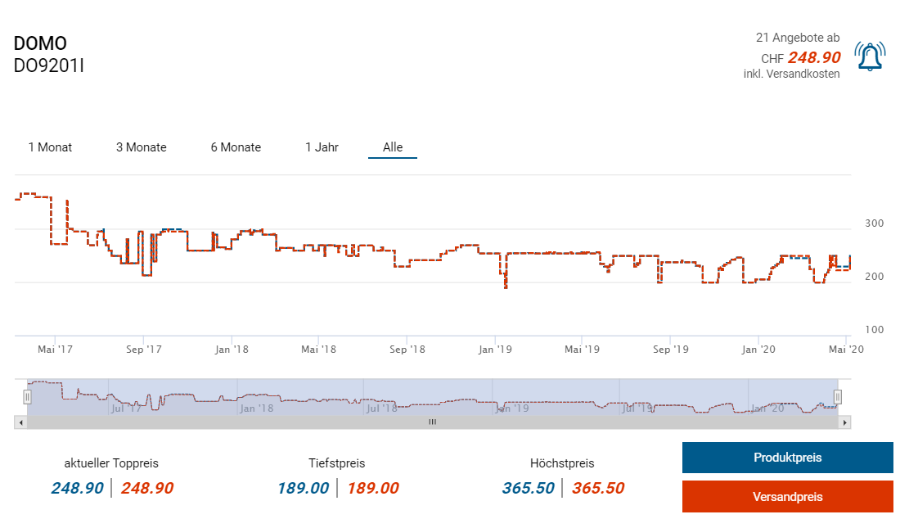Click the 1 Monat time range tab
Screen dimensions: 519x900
50,147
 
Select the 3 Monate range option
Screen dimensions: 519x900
141,147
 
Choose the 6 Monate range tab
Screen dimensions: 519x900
236,147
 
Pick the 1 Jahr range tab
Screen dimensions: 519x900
322,147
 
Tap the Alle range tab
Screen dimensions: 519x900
393,147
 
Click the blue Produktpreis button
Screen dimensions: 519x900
787,458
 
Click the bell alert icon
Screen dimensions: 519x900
870,56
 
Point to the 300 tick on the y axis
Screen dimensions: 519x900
875,223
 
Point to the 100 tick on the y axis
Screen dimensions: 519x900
875,330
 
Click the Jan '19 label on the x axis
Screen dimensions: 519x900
495,350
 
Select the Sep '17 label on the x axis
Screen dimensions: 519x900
143,350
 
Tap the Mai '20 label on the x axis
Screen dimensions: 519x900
847,350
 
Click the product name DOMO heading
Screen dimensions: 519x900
40,44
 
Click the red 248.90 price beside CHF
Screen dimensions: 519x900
814,57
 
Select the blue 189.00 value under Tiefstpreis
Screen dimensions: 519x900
303,489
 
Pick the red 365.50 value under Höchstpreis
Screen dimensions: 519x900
598,489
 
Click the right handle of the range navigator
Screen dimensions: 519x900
837,397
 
